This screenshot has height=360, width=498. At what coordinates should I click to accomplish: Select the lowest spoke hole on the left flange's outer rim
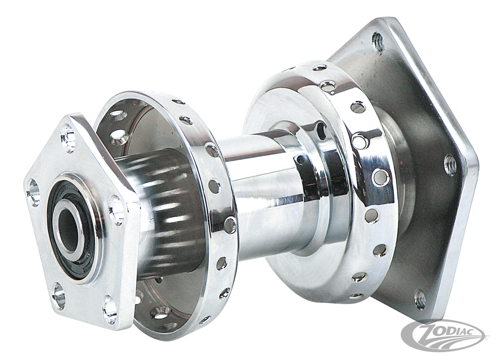tap(203, 320)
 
